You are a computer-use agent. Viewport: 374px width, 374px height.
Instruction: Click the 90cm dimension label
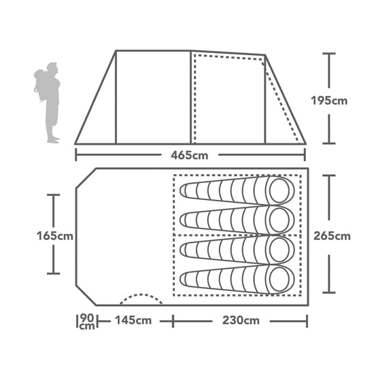tap(87, 321)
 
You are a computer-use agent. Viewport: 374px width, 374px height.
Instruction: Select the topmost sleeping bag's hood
tap(279, 191)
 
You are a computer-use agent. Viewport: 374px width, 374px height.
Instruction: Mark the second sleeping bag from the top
tap(235, 220)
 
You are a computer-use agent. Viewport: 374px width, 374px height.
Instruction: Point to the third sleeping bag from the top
tap(235, 250)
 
